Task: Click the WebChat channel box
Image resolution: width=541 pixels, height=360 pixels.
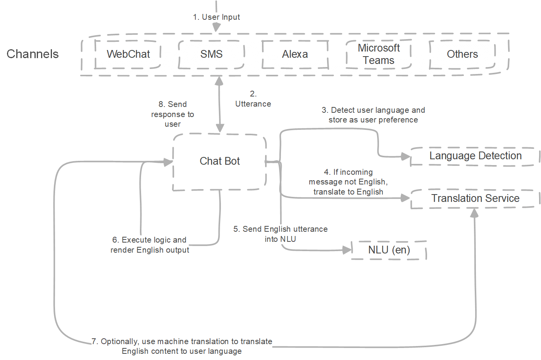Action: click(x=128, y=54)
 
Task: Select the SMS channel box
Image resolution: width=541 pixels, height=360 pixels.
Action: click(x=211, y=54)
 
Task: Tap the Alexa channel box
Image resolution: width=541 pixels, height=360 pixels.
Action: click(x=295, y=54)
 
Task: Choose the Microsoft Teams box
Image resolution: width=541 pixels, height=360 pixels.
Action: click(x=379, y=54)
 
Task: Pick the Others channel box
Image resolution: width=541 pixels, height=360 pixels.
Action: click(x=462, y=54)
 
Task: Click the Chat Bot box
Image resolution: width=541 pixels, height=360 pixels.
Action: click(x=220, y=162)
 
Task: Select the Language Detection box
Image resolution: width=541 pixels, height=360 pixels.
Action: click(x=475, y=156)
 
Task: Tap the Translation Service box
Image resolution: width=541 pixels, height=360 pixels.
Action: click(x=475, y=199)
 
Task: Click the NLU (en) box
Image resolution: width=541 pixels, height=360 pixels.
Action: click(x=389, y=250)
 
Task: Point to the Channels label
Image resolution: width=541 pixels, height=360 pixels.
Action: click(x=33, y=54)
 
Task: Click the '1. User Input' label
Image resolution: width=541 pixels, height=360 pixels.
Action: click(x=216, y=17)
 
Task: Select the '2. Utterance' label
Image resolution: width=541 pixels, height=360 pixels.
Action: click(x=253, y=99)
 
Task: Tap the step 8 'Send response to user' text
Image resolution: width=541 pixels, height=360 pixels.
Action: click(x=172, y=114)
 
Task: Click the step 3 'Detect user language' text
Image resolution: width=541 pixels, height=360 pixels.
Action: click(x=373, y=115)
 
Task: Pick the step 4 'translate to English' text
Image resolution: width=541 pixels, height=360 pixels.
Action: click(x=348, y=182)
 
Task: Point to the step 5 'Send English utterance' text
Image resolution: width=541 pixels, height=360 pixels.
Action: click(x=280, y=234)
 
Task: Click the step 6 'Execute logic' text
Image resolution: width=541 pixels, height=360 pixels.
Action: click(x=150, y=245)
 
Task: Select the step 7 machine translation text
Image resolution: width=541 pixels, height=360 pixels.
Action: click(x=182, y=346)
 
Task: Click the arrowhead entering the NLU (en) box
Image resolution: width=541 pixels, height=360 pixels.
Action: click(x=347, y=250)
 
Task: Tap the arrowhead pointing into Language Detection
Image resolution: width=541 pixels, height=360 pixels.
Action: click(x=406, y=157)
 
